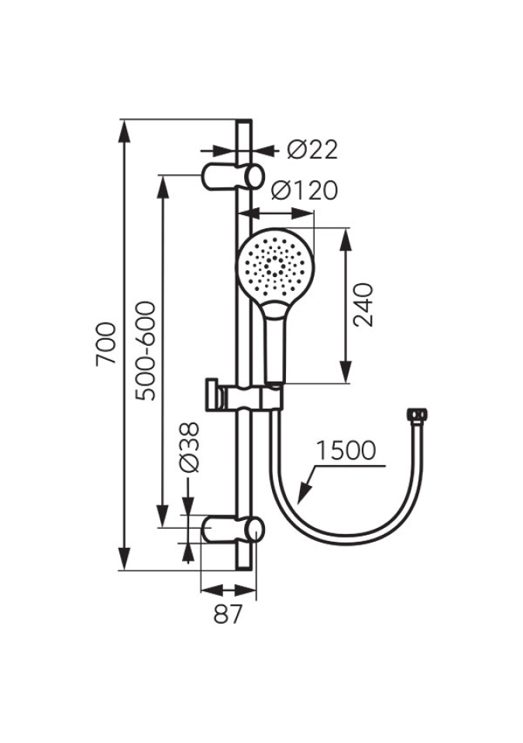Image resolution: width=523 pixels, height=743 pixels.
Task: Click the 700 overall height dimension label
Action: click(x=106, y=344)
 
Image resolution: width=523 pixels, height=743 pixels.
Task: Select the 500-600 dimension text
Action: click(x=145, y=351)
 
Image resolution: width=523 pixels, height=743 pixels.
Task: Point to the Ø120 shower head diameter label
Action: click(x=305, y=190)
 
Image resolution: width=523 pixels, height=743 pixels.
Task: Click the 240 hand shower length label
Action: click(x=364, y=305)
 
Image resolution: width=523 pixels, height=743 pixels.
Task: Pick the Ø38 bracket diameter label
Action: click(x=189, y=447)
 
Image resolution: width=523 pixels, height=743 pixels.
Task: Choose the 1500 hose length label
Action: click(x=346, y=450)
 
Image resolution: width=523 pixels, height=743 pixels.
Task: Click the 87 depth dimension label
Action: click(x=228, y=615)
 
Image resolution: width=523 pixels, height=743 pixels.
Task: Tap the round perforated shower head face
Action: click(x=275, y=265)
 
